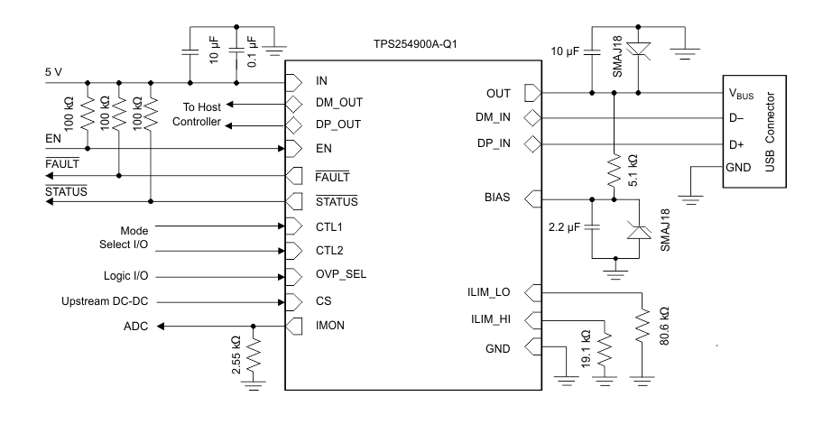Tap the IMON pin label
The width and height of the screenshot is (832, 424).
328,325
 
